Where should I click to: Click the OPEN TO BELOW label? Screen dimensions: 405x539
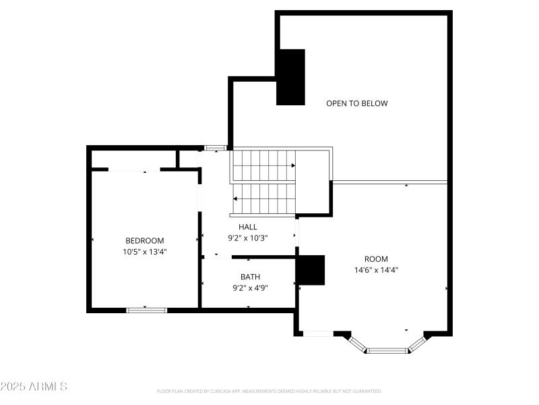point(356,103)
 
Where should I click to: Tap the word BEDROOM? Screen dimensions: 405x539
point(144,240)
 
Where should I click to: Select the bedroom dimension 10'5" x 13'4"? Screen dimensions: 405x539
point(144,252)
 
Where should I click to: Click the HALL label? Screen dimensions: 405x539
point(247,227)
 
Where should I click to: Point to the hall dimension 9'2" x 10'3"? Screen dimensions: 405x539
point(247,238)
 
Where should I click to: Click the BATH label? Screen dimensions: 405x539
point(250,277)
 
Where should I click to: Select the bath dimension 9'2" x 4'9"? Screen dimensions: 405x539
point(250,288)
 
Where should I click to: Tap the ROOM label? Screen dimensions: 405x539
point(376,259)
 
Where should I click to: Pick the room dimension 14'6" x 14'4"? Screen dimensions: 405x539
point(376,269)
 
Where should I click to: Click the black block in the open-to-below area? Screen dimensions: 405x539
point(290,77)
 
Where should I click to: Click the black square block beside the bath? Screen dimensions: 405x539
point(311,270)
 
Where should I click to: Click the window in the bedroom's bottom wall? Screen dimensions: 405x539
point(147,310)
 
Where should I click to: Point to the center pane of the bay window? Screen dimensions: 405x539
point(387,350)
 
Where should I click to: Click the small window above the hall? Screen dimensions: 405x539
point(216,147)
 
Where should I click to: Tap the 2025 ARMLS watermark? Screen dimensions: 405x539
point(34,387)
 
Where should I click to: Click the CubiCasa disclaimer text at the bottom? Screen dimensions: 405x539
point(269,391)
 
